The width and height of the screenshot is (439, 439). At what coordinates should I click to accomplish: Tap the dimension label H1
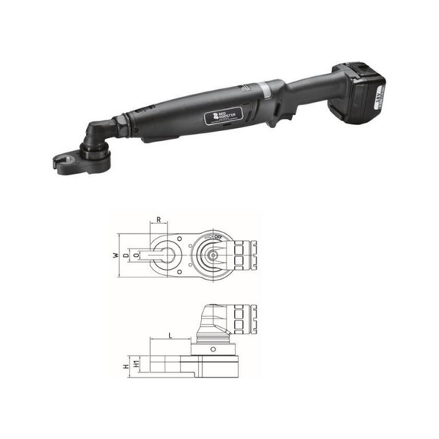[x=136, y=365]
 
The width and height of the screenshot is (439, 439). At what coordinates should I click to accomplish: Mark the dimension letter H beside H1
[x=127, y=365]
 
